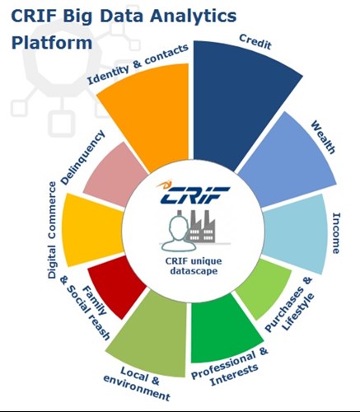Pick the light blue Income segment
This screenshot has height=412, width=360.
297,233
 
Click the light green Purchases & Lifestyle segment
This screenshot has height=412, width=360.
261,287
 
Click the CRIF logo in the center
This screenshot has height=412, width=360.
192,193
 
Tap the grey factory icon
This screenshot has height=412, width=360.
201,226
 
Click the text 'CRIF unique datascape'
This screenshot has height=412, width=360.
194,266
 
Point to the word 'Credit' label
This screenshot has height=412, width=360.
255,42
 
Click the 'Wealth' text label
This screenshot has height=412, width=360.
323,138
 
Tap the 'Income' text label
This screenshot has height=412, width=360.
336,233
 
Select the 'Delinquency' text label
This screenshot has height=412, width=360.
82,157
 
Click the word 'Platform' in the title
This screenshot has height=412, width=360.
52,44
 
